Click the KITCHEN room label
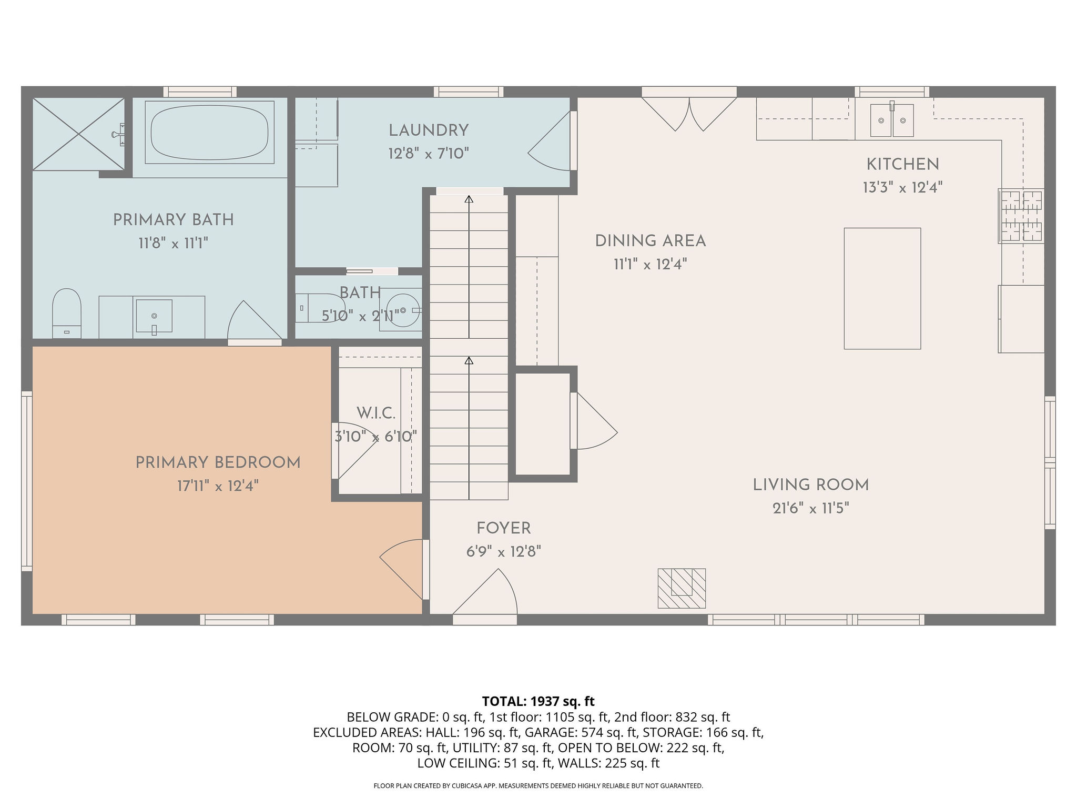(x=902, y=164)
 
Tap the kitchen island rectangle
(x=882, y=288)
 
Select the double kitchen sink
(x=892, y=120)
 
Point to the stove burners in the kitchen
(x=1021, y=216)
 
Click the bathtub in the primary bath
(x=210, y=132)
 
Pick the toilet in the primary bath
(x=67, y=313)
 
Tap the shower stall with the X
(x=79, y=134)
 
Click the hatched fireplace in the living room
(x=682, y=588)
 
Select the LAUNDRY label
(x=429, y=130)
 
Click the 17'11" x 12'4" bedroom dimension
(x=218, y=486)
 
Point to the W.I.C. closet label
(x=375, y=413)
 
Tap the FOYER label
(x=504, y=528)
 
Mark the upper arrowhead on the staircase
(x=469, y=199)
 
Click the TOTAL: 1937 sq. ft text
(x=538, y=701)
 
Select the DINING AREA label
(x=651, y=241)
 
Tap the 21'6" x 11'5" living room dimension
(x=811, y=508)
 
